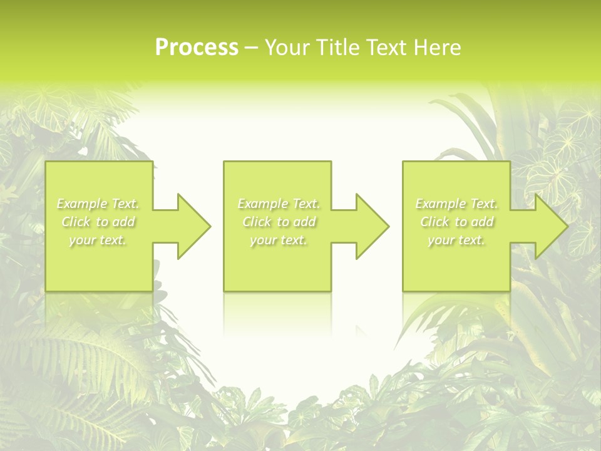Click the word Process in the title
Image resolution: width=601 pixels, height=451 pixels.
point(197,48)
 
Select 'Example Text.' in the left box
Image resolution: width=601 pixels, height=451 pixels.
point(98,204)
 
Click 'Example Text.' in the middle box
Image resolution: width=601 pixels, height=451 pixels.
point(279,204)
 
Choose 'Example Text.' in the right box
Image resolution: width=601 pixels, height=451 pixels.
point(456,204)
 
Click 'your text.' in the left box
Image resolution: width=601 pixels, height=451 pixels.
point(98,240)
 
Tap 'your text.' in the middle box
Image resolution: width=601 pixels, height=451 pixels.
point(279,240)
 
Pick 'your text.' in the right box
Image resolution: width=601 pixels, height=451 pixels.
point(456,240)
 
